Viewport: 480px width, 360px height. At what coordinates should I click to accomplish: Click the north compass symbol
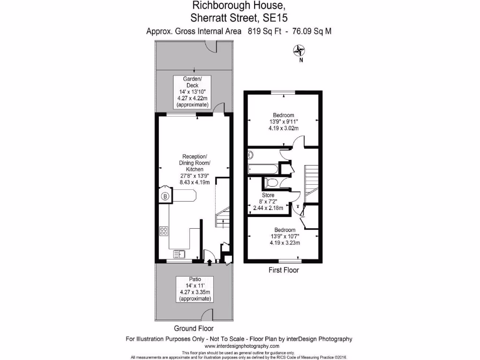(x=299, y=51)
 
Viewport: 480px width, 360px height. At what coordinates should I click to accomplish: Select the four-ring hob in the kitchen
(x=165, y=230)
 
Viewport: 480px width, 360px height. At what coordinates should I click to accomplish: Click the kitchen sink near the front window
(x=180, y=254)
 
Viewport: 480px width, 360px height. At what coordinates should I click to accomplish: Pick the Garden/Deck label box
(x=192, y=92)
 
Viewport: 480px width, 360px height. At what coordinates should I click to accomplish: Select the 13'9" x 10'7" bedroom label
(x=285, y=236)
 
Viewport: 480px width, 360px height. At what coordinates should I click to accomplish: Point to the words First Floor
(x=283, y=270)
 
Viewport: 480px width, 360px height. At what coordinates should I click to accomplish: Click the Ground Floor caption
(x=194, y=328)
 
